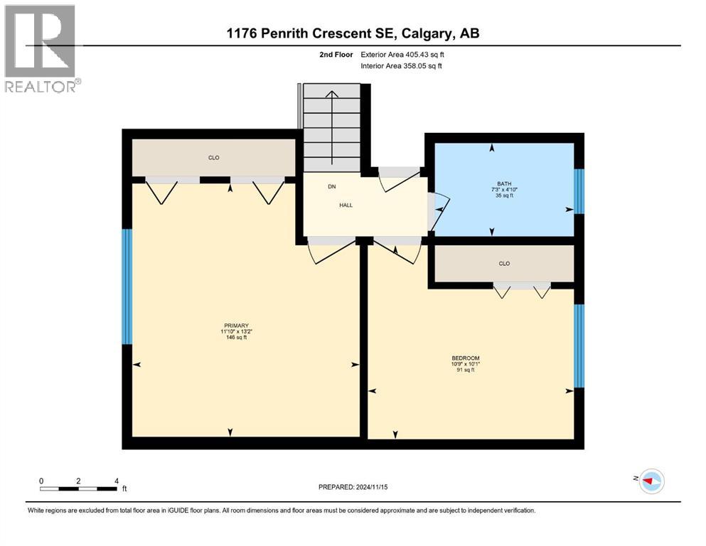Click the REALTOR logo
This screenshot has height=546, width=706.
click(x=40, y=48)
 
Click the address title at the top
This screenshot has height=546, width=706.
click(x=352, y=33)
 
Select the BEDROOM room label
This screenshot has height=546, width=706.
click(x=466, y=358)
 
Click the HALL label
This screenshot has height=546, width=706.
click(x=346, y=205)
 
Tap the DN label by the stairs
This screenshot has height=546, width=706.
click(x=331, y=187)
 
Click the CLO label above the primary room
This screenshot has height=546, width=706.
click(x=213, y=157)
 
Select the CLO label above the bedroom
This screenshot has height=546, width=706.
click(x=504, y=263)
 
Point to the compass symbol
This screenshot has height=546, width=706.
click(x=651, y=481)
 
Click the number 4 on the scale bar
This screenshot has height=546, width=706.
click(x=116, y=481)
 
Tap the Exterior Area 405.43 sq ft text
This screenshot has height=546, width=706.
click(x=402, y=54)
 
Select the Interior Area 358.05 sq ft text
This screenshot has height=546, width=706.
click(x=402, y=66)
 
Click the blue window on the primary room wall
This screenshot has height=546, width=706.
click(x=127, y=287)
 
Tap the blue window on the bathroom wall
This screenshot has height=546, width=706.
click(x=579, y=191)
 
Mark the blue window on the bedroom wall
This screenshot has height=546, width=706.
click(x=579, y=346)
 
